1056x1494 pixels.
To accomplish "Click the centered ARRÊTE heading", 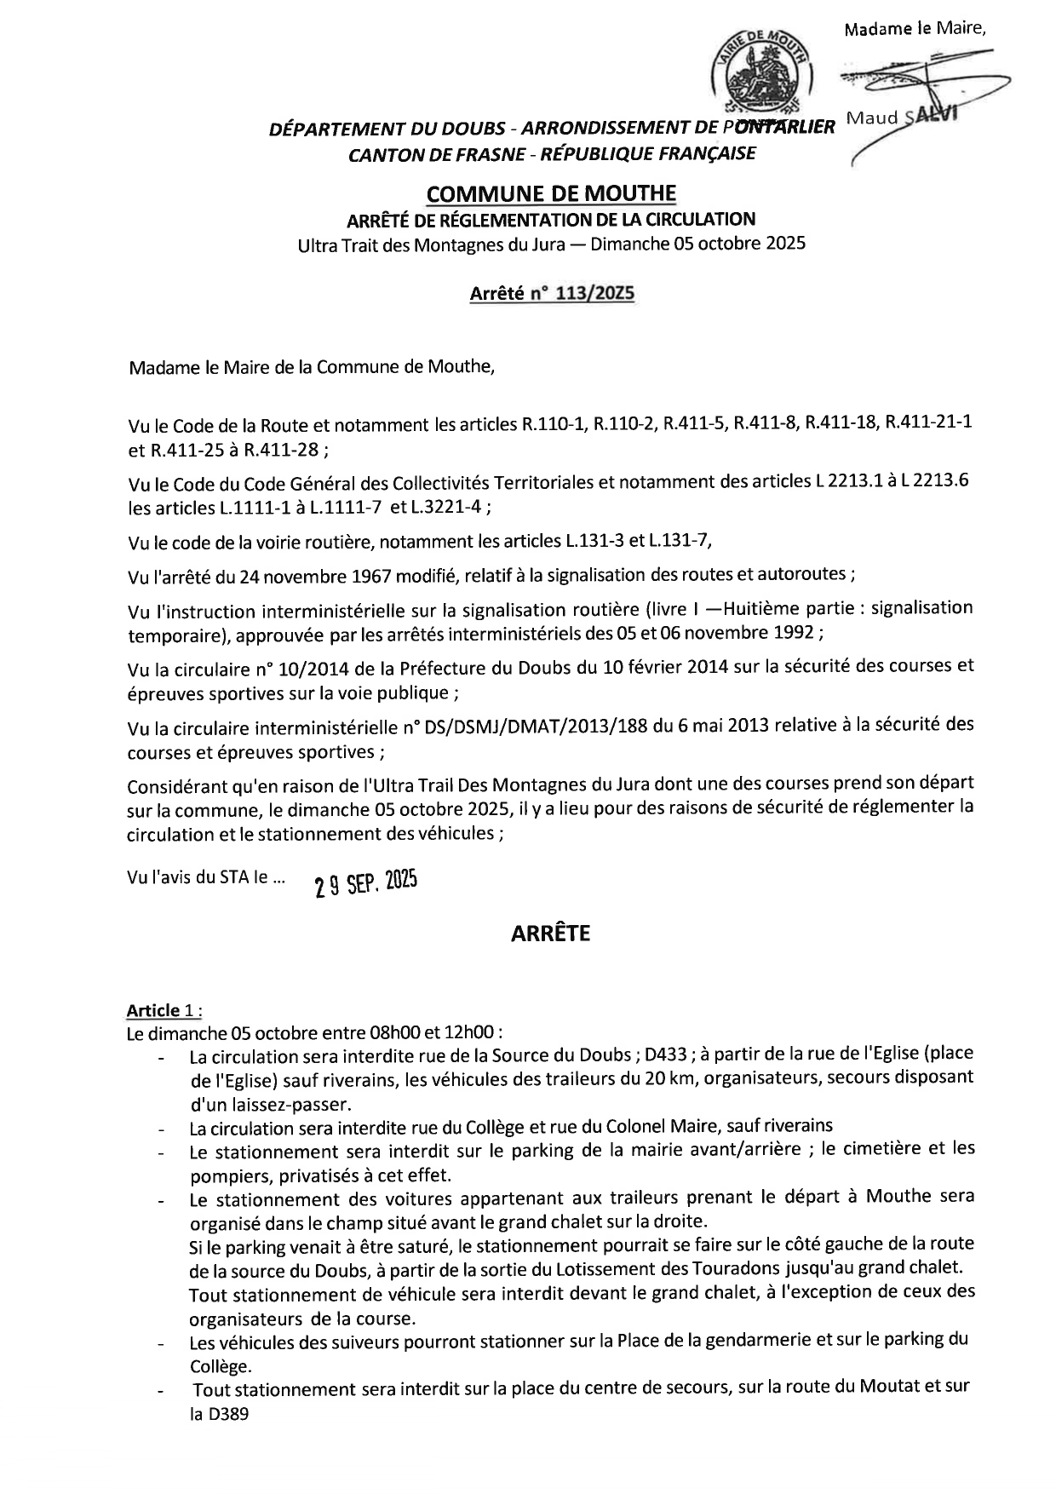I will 550,934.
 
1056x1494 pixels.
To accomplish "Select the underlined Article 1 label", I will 154,1010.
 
